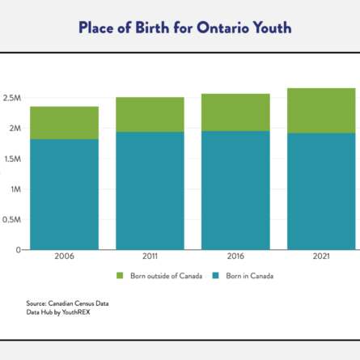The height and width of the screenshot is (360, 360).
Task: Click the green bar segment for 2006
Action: click(x=64, y=123)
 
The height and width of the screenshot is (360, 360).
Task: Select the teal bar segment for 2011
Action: click(x=150, y=191)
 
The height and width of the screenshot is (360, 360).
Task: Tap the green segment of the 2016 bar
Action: click(x=235, y=112)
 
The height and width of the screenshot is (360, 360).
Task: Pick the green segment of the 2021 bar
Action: click(x=321, y=111)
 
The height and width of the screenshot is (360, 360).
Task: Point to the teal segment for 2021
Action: click(x=321, y=192)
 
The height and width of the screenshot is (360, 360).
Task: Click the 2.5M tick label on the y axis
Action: click(x=11, y=98)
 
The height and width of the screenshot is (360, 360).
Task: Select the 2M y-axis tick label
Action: click(x=15, y=129)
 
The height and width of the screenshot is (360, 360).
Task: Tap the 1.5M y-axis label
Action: click(x=12, y=159)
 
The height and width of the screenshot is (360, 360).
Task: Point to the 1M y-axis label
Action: click(x=15, y=189)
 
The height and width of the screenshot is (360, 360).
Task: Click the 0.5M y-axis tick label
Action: click(x=11, y=220)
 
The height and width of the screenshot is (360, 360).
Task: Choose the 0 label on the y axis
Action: click(x=18, y=250)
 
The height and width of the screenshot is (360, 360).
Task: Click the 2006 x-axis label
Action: click(x=64, y=256)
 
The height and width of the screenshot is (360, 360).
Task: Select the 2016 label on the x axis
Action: click(x=235, y=256)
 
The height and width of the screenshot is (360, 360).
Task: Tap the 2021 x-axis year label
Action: click(x=321, y=256)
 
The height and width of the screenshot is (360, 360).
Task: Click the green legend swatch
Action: click(x=120, y=276)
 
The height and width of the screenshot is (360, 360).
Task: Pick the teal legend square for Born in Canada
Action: click(x=215, y=276)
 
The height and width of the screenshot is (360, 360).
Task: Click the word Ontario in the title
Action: click(x=222, y=28)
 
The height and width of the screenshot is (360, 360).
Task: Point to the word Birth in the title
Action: click(x=152, y=28)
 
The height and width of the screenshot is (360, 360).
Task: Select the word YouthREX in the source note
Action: click(x=76, y=312)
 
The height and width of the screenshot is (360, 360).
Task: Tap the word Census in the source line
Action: click(x=84, y=303)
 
